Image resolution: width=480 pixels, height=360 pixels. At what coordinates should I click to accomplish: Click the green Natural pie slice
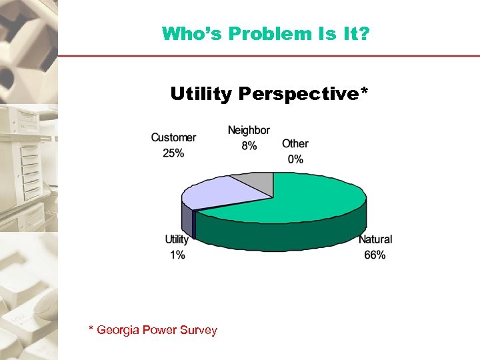[x=300, y=200]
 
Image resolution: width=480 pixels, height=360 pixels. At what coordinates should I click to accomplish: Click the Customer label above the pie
[x=173, y=137]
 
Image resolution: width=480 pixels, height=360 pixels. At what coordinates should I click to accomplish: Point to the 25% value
[x=173, y=153]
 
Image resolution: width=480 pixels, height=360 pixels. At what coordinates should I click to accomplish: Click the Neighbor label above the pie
[x=249, y=130]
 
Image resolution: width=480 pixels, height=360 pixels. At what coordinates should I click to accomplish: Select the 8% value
[x=249, y=145]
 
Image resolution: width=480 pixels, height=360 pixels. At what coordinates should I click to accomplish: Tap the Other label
[x=295, y=143]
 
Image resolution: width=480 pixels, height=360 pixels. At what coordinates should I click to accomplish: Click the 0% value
[x=295, y=159]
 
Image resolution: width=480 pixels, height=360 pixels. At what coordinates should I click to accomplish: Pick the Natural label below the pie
[x=375, y=239]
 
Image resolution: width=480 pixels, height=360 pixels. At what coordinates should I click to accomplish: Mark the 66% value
[x=375, y=255]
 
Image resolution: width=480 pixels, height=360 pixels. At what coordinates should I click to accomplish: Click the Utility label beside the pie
[x=177, y=239]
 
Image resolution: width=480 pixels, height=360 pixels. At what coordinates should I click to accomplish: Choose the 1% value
[x=177, y=255]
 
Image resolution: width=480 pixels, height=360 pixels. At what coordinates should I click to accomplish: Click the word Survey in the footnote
[x=198, y=330]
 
